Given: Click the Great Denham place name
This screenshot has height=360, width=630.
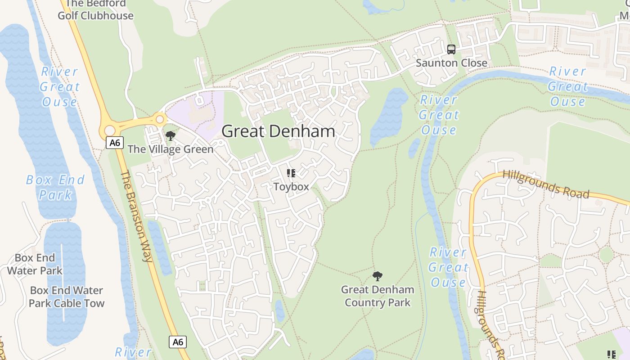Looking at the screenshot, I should point(278,131).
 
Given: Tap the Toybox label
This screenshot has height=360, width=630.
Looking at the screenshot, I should point(291,186).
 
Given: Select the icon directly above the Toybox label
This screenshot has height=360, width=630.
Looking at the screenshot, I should point(291,173).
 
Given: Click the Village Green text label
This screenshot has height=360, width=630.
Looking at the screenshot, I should point(171,149).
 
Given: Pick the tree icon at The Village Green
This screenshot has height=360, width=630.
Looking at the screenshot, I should point(170,135).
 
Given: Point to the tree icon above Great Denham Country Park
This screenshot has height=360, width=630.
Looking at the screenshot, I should point(378,276).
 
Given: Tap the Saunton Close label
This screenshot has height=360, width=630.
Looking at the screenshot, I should point(451,63).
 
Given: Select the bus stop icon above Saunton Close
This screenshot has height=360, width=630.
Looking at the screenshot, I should point(451,49).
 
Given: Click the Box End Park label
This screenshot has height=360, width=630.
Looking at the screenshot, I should point(55,187).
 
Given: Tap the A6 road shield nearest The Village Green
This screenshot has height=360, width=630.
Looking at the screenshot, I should point(115,143).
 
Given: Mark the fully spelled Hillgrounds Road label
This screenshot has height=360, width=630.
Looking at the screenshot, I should point(546,184).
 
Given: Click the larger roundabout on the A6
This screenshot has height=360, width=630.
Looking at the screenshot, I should point(109,131).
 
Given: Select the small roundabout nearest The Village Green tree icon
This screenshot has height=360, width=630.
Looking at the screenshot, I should point(160,119).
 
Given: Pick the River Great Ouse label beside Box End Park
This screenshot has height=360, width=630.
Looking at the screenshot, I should point(59,87).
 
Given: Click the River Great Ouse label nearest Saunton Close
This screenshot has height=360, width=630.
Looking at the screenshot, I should point(438,115).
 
